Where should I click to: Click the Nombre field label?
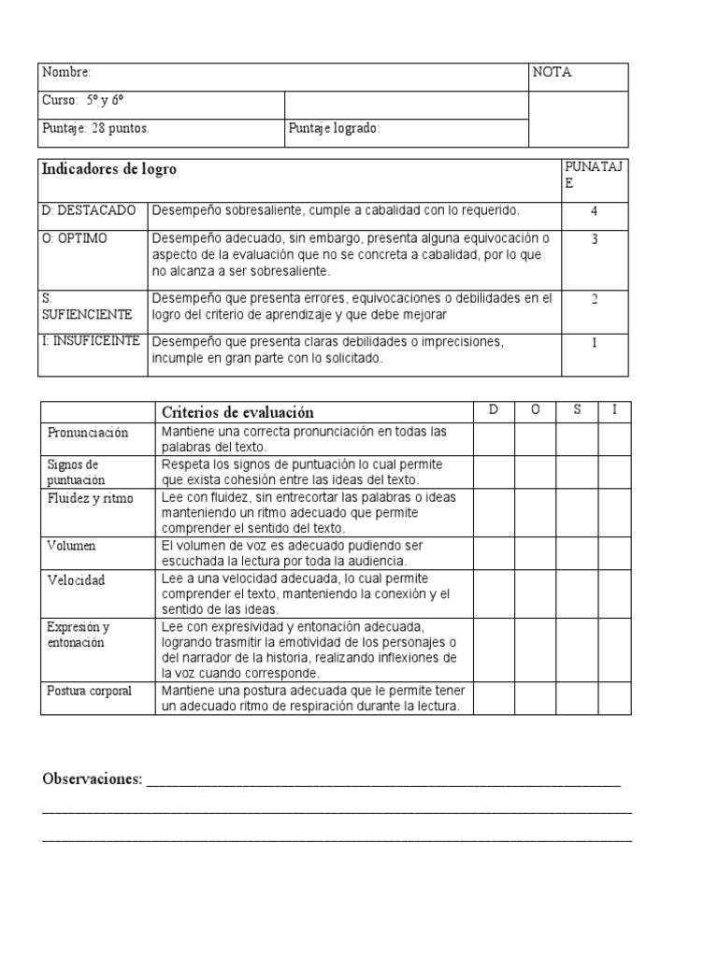[66, 73]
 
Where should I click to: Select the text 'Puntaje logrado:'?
[334, 129]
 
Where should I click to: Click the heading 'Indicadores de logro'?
[108, 169]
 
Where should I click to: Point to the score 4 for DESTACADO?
[594, 211]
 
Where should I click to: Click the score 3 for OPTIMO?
[594, 239]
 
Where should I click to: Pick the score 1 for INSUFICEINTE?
[594, 342]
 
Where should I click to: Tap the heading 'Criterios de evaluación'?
[237, 412]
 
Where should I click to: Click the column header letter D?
[493, 410]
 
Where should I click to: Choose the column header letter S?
[577, 410]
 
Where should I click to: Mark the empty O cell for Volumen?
[535, 552]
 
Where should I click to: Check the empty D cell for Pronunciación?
[493, 439]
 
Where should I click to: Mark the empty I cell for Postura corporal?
[614, 698]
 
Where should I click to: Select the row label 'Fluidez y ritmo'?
[90, 498]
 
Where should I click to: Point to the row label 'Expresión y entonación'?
[79, 635]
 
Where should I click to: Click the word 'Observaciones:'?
[92, 779]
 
